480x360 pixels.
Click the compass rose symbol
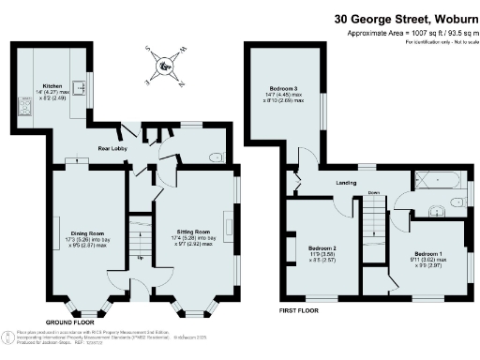pos(166,65)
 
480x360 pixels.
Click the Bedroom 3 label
pos(283,90)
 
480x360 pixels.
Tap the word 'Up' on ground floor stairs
pos(141,257)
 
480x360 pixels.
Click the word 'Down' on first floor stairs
pos(374,194)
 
